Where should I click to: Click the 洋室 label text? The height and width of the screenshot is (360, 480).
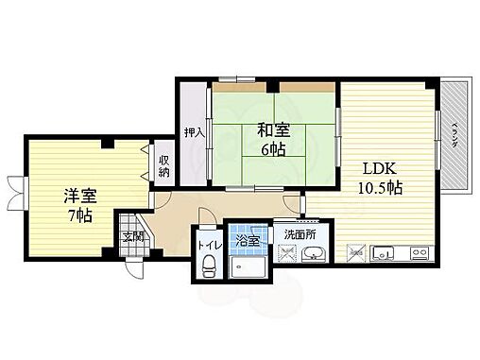(x=79, y=197)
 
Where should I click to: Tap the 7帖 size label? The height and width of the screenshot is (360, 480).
(x=79, y=217)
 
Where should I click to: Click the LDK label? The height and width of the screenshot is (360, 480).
(x=383, y=169)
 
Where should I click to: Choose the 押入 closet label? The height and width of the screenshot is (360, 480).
(x=194, y=133)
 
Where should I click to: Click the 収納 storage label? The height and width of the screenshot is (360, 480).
(x=163, y=165)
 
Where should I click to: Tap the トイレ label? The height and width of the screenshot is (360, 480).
(x=208, y=246)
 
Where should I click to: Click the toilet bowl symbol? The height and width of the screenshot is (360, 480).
(x=208, y=269)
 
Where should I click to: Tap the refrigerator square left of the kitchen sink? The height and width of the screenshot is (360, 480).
(x=356, y=252)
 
